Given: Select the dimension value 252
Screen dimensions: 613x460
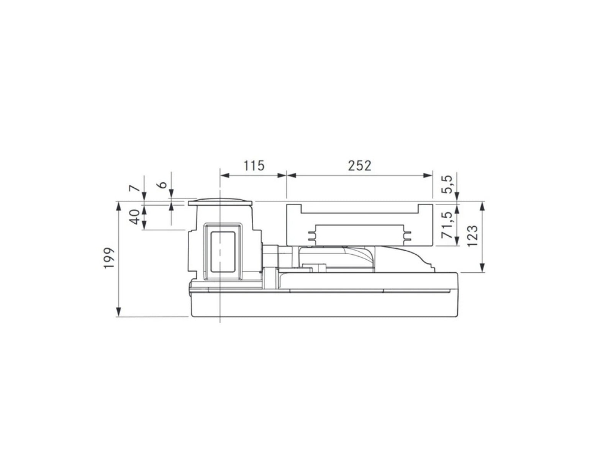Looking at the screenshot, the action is pos(359,166).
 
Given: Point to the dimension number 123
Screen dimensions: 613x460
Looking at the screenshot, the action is pos(472,236).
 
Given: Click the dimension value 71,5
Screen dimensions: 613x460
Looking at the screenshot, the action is pos(447,225).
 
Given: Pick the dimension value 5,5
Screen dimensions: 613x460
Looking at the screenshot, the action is pos(447,185).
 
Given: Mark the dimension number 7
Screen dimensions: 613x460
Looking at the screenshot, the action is pos(134,189).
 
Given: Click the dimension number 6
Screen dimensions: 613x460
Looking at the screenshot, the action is pos(163,185).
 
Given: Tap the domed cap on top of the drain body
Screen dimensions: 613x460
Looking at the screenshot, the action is pos(220,202).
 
